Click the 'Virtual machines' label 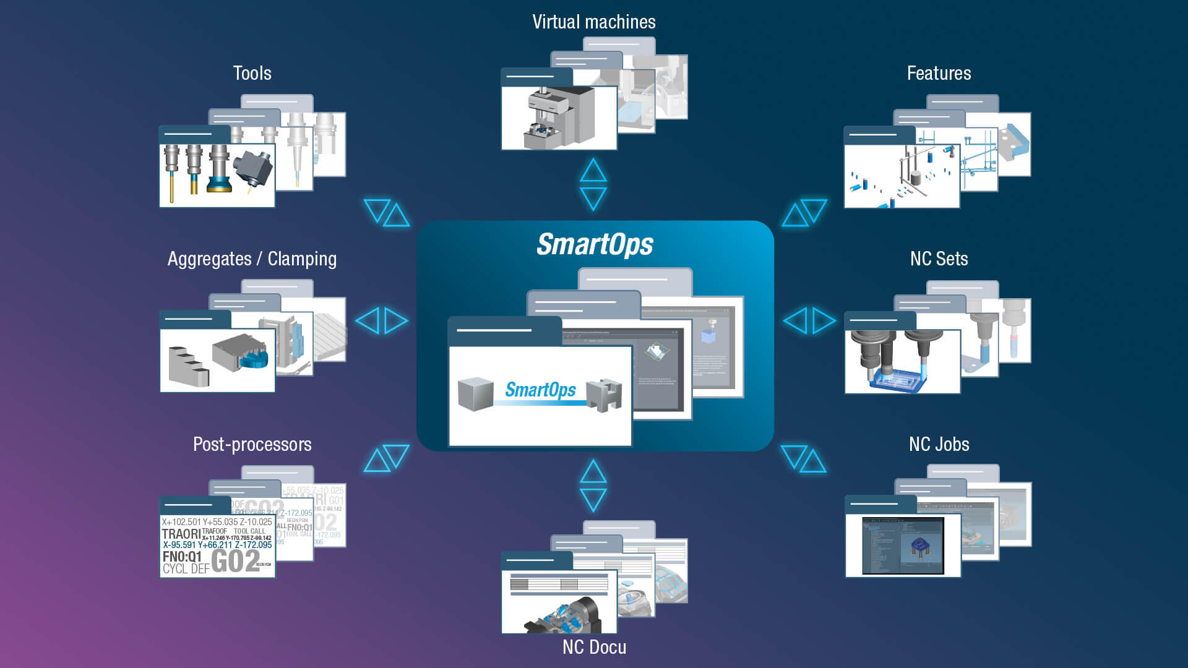coord(593,22)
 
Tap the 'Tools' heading coord(252,74)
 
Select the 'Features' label coord(939,74)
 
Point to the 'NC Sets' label coord(939,259)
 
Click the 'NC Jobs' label coord(939,445)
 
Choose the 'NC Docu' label coord(594,648)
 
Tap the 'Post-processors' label coord(252,445)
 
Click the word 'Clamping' coord(302,259)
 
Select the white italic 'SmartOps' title coord(595,245)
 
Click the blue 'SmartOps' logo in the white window coord(540,390)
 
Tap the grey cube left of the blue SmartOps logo coord(475,394)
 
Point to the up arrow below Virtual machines coord(593,170)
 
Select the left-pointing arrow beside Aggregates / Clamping coord(368,321)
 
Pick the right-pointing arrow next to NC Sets coord(824,320)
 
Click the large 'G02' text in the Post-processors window coord(235,562)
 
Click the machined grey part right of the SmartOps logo coord(604,396)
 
